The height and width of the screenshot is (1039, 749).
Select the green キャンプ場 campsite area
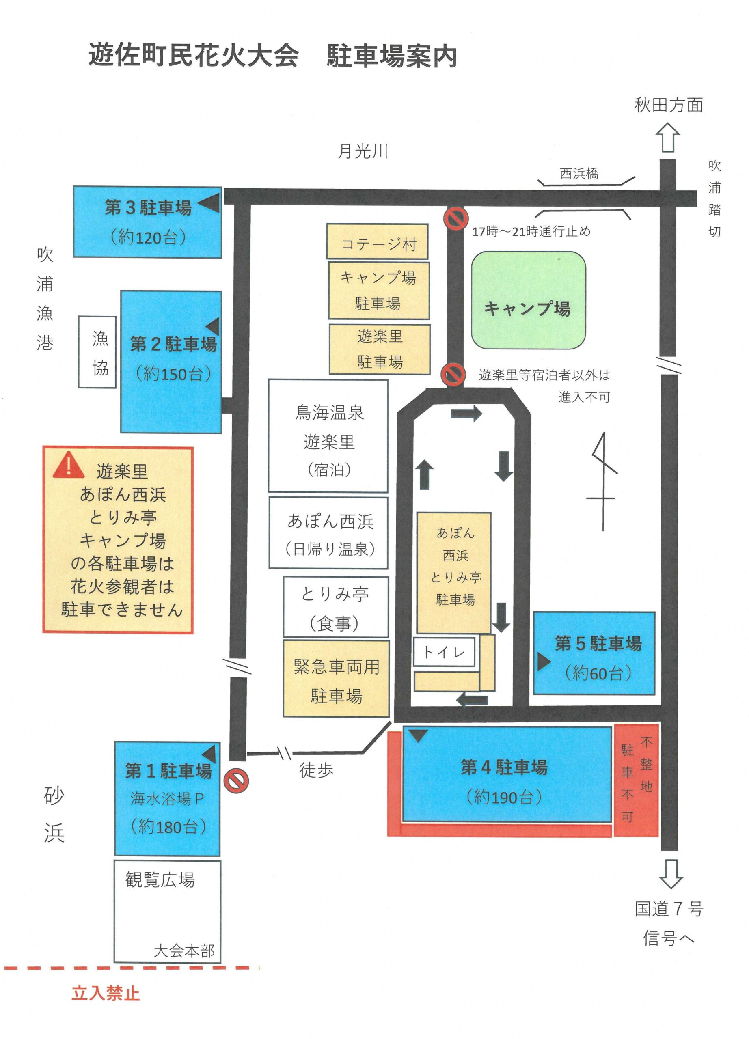tap(528, 300)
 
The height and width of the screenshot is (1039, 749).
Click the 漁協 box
tap(97, 352)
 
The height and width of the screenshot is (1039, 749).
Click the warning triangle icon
tap(69, 465)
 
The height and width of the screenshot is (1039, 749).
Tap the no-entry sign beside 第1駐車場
tap(236, 780)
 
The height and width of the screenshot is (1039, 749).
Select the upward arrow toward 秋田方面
tap(667, 138)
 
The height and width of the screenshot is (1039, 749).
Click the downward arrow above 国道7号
tap(671, 874)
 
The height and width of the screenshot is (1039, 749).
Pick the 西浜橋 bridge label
tap(579, 174)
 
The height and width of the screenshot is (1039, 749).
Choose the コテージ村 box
tap(378, 241)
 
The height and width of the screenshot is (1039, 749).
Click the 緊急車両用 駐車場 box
tap(336, 679)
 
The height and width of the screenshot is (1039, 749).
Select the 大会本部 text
tap(184, 951)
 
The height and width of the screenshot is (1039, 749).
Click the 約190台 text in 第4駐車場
tap(504, 797)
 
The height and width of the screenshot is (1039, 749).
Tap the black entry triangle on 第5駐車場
tap(544, 662)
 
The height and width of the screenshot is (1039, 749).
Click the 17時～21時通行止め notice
tap(531, 231)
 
